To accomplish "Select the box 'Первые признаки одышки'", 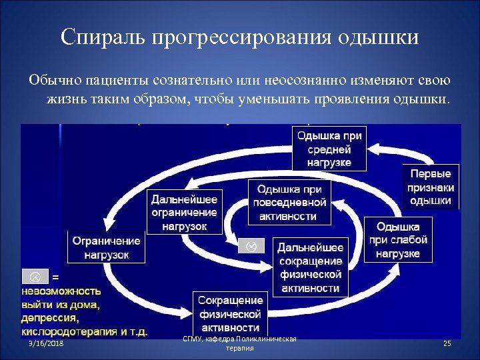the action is (x=430, y=186).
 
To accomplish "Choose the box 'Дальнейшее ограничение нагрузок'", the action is (x=184, y=213).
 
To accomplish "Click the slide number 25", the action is (x=447, y=343).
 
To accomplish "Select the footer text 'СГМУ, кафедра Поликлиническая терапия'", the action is (x=240, y=344).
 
